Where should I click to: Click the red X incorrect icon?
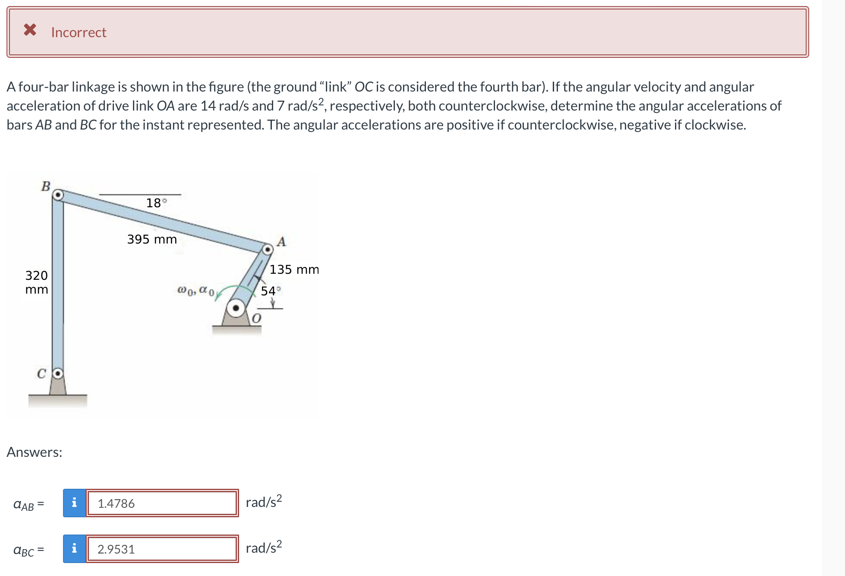point(30,30)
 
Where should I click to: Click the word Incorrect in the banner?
point(79,32)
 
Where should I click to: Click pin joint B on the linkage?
point(58,195)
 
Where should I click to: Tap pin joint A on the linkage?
point(268,249)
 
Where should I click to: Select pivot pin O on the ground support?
point(236,308)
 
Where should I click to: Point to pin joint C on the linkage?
point(58,373)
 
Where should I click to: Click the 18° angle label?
point(156,203)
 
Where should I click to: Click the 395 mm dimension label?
point(152,239)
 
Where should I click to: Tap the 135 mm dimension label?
point(294,269)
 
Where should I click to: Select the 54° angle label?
point(271,291)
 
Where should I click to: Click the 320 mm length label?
point(37,282)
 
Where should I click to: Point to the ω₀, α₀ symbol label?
point(195,291)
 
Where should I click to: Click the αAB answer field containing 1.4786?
point(162,503)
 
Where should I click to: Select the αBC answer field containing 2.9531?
point(162,549)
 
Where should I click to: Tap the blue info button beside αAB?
point(74,503)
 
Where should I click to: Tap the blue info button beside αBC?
point(74,549)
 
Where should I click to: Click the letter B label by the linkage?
point(46,187)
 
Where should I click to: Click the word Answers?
point(35,452)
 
